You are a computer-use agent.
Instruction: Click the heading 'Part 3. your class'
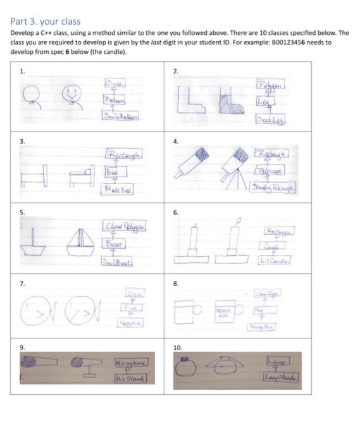[x=45, y=22]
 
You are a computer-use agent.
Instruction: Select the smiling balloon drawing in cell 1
[x=70, y=95]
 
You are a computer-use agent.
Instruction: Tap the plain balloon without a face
[x=32, y=96]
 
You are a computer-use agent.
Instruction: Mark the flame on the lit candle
[x=239, y=221]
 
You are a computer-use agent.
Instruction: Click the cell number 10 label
[x=178, y=347]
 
